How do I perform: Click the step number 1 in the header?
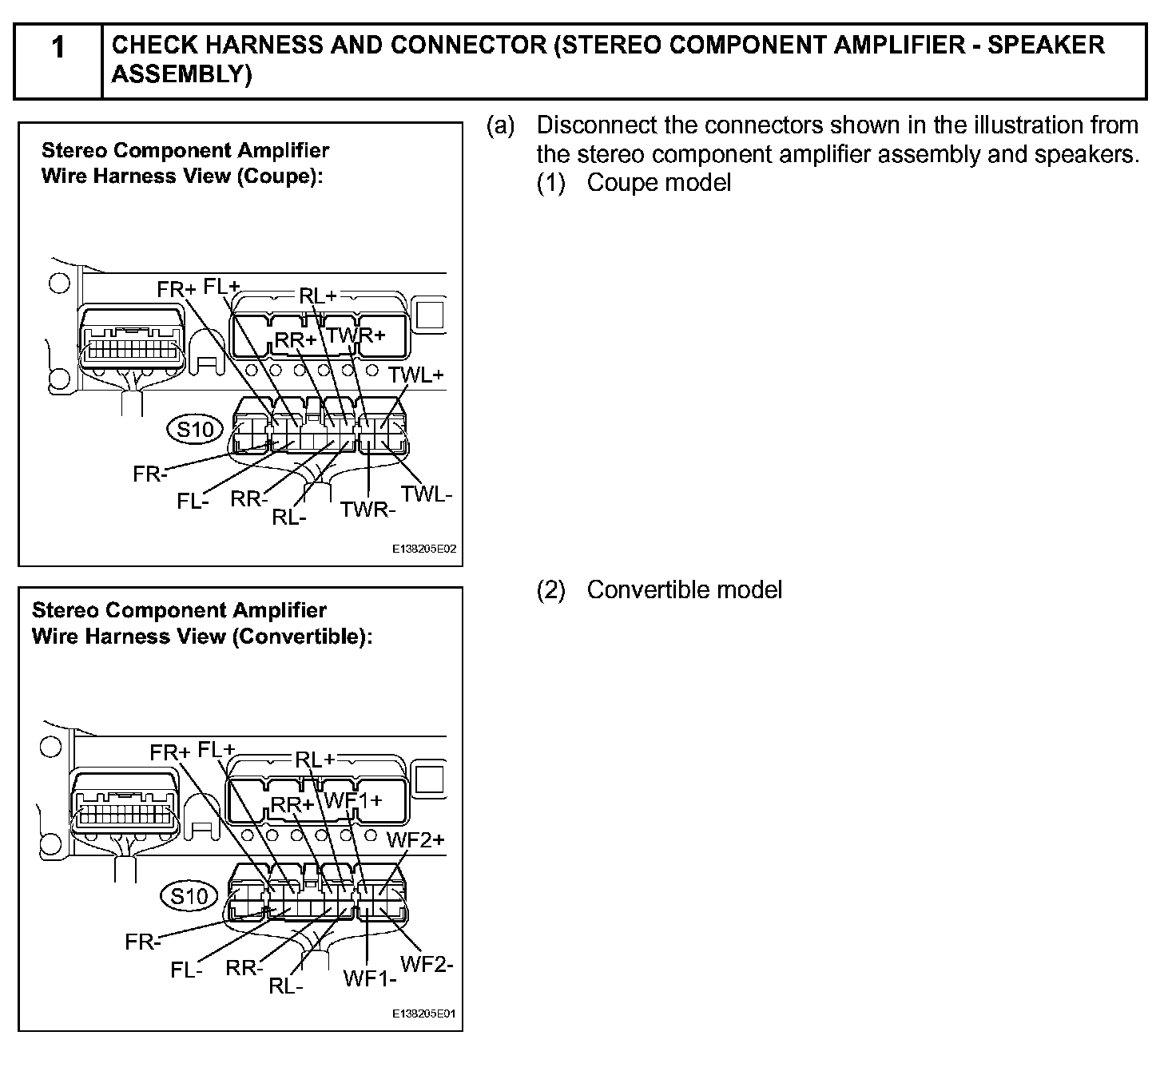pyautogui.click(x=58, y=48)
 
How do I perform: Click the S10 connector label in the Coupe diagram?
pyautogui.click(x=195, y=430)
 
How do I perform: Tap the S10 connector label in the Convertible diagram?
pyautogui.click(x=189, y=896)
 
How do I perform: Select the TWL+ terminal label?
pyautogui.click(x=415, y=375)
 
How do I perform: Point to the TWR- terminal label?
pyautogui.click(x=367, y=509)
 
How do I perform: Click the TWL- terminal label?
pyautogui.click(x=427, y=494)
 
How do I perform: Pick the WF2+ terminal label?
pyautogui.click(x=415, y=839)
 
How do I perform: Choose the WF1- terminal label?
pyautogui.click(x=370, y=978)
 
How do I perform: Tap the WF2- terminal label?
pyautogui.click(x=427, y=963)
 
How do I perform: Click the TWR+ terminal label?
pyautogui.click(x=356, y=335)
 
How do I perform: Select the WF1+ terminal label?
pyautogui.click(x=352, y=799)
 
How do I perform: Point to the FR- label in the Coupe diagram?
pyautogui.click(x=150, y=474)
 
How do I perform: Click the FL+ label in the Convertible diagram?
pyautogui.click(x=217, y=750)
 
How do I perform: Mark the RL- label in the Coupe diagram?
pyautogui.click(x=289, y=518)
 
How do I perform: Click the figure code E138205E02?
pyautogui.click(x=424, y=549)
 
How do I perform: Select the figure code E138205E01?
pyautogui.click(x=424, y=1014)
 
